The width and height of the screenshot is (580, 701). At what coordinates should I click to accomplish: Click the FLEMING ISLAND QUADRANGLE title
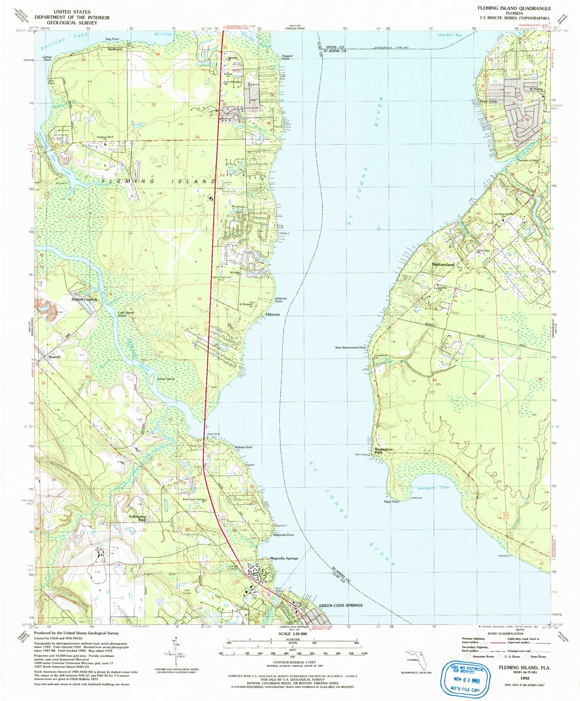514,8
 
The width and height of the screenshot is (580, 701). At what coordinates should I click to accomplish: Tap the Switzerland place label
443,265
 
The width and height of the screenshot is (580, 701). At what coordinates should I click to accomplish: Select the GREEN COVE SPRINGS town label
340,605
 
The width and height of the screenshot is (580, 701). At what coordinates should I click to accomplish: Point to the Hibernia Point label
281,300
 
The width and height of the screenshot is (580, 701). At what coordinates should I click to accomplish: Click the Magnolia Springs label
284,558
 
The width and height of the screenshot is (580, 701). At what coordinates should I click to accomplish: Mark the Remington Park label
383,451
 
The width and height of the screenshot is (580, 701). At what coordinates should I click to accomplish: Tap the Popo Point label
391,501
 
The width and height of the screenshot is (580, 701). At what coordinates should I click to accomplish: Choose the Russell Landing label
84,299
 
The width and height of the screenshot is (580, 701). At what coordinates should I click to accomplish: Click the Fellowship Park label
138,518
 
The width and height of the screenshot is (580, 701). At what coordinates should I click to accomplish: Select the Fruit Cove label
488,101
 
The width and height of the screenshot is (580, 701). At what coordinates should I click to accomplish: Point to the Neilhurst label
115,49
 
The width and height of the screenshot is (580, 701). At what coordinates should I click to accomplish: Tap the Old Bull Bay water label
450,35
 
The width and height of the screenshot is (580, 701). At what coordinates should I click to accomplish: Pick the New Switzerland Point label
351,347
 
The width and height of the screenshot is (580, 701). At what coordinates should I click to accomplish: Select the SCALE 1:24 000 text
292,634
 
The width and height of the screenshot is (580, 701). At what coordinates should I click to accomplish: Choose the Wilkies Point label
243,447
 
